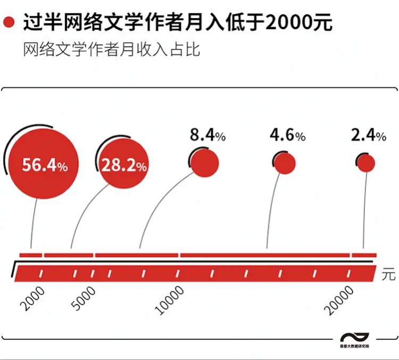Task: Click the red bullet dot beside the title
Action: [x=9, y=23]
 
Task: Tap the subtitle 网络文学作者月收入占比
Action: [x=112, y=51]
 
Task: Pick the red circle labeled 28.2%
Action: [x=124, y=166]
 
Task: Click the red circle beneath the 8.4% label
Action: [x=205, y=162]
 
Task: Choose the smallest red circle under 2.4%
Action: [x=366, y=163]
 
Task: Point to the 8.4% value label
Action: [x=208, y=136]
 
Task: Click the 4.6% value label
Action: [x=287, y=136]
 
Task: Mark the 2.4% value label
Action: [x=368, y=136]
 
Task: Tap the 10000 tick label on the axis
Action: [x=170, y=300]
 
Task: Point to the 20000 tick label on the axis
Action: [x=340, y=300]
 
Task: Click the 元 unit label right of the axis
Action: [x=389, y=275]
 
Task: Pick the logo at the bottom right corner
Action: [x=355, y=341]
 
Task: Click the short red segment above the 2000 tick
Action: [x=31, y=255]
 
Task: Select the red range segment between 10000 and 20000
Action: [x=265, y=255]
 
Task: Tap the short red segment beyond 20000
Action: [x=364, y=255]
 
